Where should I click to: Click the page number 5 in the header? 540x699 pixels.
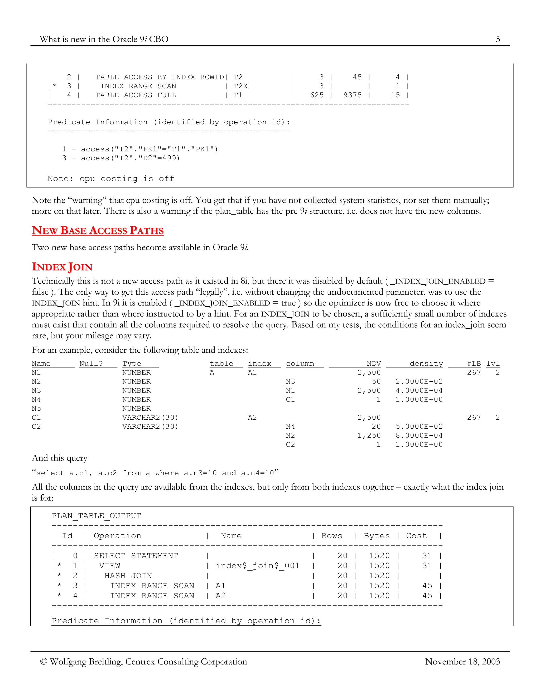coord(498,39)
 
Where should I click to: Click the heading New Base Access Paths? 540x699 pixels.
coord(98,231)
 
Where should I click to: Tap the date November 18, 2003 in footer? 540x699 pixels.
coord(462,662)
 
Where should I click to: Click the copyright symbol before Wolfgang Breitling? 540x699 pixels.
coord(44,662)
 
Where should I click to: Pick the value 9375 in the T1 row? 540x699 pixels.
coord(353,95)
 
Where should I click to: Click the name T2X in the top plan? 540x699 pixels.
coord(240,86)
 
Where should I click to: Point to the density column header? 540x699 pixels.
coord(426,363)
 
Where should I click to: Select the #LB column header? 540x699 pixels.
coord(474,363)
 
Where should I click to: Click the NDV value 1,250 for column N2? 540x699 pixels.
coord(369,435)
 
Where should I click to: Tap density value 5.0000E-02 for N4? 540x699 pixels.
coord(419,426)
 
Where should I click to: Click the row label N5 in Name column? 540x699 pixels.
coord(36,408)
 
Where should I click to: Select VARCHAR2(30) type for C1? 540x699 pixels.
coord(150,417)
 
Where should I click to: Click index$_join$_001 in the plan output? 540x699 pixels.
coord(258,566)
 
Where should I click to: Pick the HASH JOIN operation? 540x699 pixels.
coord(128,576)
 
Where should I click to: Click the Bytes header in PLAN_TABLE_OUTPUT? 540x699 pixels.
coord(377,536)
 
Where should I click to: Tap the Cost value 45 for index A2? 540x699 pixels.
coord(427,596)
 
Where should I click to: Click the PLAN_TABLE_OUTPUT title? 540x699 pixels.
coord(96,516)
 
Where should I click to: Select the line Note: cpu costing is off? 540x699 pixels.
coord(111,179)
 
